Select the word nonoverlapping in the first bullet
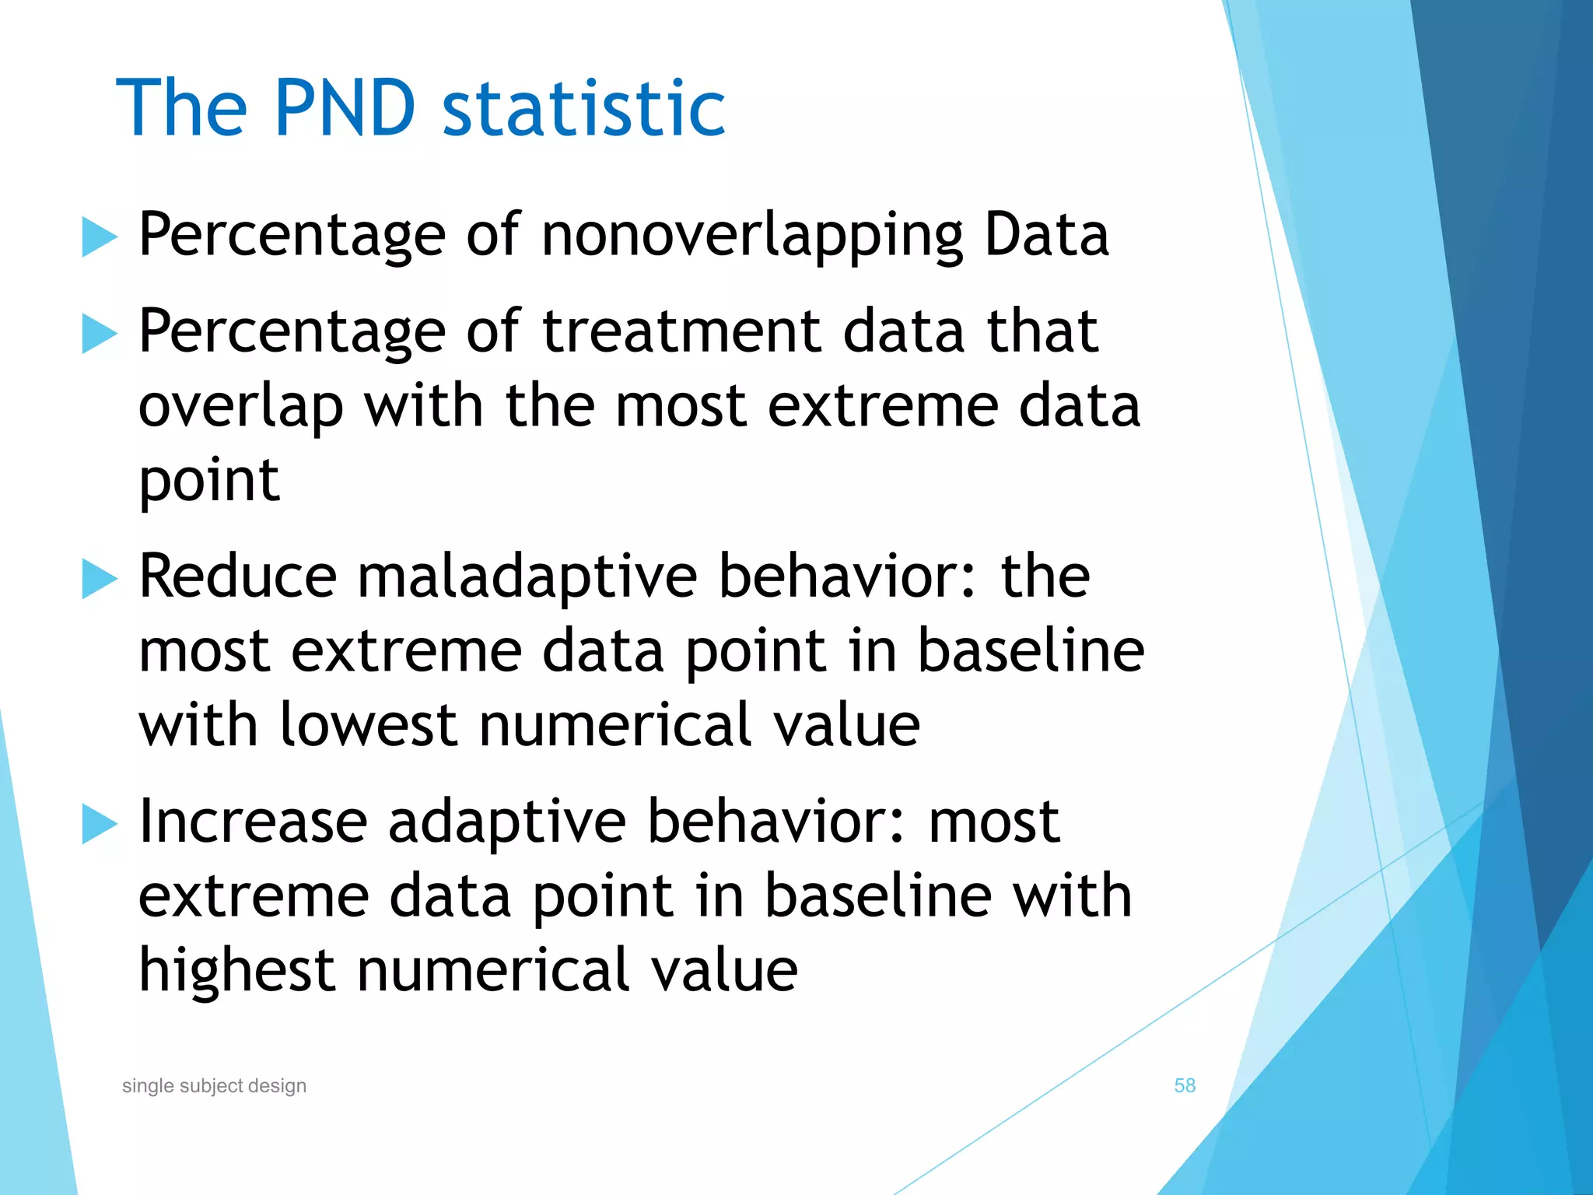coord(751,235)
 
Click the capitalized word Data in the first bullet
coord(1046,235)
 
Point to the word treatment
coord(681,331)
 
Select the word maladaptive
coord(527,577)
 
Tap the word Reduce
coord(237,577)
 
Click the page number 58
coord(1184,1085)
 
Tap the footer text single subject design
coord(214,1085)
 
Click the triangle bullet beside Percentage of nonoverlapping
coord(98,237)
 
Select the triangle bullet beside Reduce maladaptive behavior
coord(98,579)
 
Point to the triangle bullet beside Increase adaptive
coord(98,824)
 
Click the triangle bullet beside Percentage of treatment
coord(98,334)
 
